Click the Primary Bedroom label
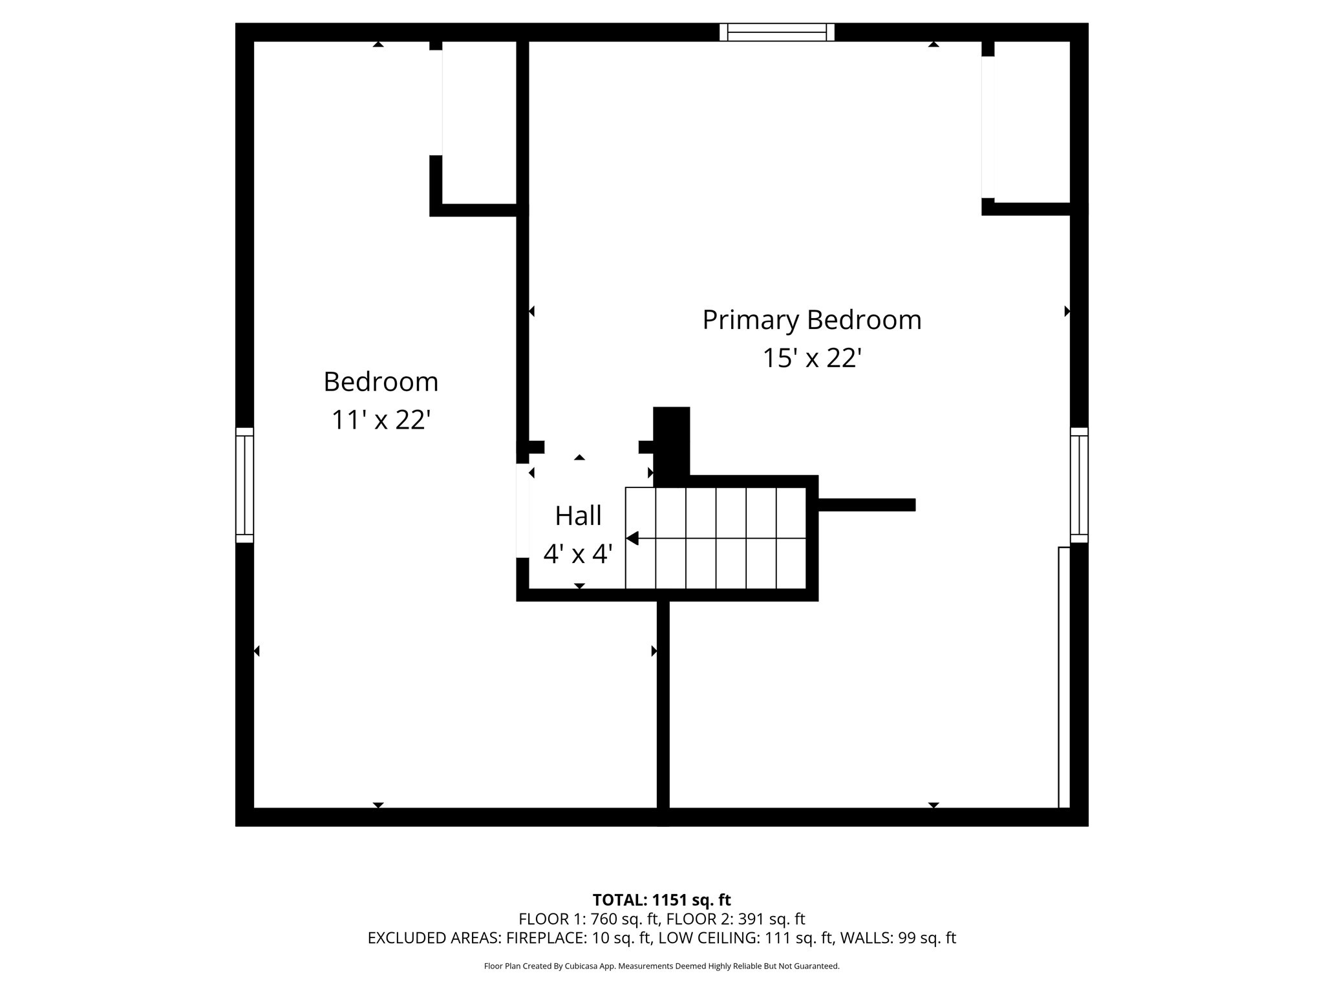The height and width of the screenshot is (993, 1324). [x=811, y=320]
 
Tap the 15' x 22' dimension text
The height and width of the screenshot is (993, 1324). [x=811, y=358]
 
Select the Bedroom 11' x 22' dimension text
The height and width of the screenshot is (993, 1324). [x=381, y=420]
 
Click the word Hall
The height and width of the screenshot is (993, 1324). [x=578, y=516]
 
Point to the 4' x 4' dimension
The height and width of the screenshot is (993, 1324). [x=578, y=554]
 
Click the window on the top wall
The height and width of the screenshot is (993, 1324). [x=776, y=32]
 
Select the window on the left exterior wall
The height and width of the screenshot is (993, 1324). [x=244, y=485]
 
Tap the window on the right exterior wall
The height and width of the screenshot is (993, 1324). [x=1079, y=485]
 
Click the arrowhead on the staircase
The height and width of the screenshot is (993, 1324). [x=632, y=538]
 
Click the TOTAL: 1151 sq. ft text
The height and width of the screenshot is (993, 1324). [x=661, y=900]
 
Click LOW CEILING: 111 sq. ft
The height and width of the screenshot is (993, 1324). [x=772, y=938]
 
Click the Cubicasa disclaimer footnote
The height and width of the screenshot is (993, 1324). [x=661, y=966]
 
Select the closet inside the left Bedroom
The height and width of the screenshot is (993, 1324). [x=479, y=123]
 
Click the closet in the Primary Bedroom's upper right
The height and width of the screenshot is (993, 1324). [x=1032, y=123]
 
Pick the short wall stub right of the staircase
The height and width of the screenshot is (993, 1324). [x=866, y=505]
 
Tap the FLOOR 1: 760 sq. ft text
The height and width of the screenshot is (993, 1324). [x=588, y=919]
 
